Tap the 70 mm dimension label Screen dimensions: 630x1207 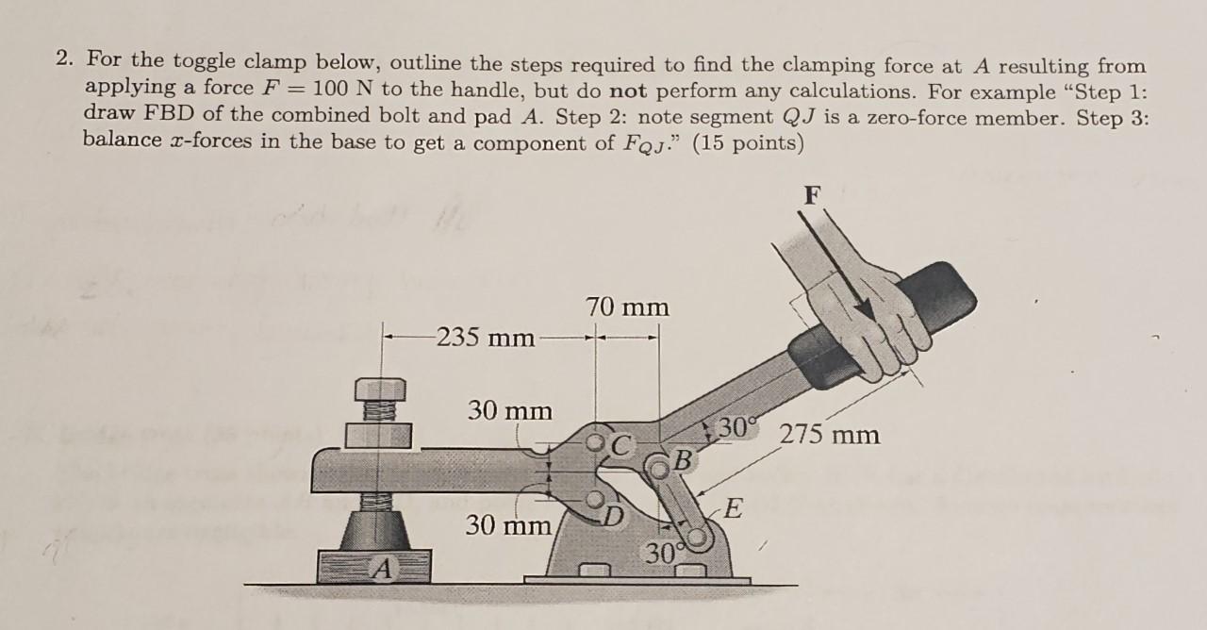tap(627, 307)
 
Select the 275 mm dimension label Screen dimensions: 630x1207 tap(830, 435)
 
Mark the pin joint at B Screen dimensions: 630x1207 tap(657, 465)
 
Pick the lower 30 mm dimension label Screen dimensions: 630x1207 tap(509, 524)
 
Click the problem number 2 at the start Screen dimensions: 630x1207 tap(62, 60)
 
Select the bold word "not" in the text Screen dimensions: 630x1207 tap(630, 92)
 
